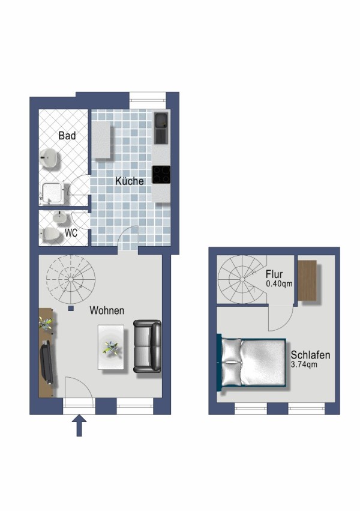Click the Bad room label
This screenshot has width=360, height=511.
pos(67,136)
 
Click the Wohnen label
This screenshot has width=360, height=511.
pos(107,310)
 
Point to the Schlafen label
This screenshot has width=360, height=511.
pos(310,355)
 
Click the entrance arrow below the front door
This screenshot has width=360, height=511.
pos(79,428)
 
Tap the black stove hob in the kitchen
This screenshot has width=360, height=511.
pos(161,174)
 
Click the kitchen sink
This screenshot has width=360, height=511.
pos(161,128)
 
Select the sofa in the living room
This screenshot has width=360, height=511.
pos(147,347)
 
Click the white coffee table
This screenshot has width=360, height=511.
pos(111,347)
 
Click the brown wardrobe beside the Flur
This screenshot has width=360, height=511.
pos(308,280)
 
